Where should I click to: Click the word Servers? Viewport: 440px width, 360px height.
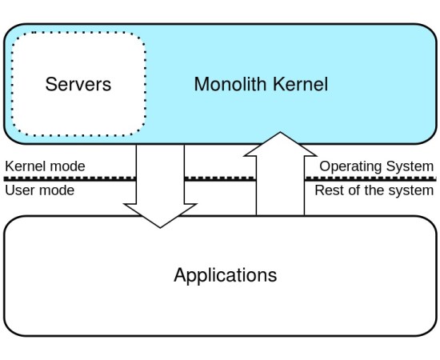tap(78, 84)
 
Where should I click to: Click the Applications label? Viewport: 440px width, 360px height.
tap(225, 275)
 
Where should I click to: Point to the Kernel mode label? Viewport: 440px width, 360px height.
tap(45, 166)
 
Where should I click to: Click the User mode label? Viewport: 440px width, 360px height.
tap(39, 190)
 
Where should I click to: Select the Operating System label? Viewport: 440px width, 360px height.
tap(376, 166)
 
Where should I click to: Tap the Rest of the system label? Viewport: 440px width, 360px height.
tap(374, 190)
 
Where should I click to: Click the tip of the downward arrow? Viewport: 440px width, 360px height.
tap(160, 226)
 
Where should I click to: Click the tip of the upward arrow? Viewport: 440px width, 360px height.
tap(280, 134)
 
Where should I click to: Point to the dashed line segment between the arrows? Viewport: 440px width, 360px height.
tap(220, 178)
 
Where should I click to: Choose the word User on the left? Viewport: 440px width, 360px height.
tap(21, 190)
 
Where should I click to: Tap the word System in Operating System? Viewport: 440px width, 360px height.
tap(411, 166)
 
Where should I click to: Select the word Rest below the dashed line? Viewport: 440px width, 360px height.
tap(329, 190)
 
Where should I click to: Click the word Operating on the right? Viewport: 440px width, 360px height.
tap(353, 166)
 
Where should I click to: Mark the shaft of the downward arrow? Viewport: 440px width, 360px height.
tap(160, 172)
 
